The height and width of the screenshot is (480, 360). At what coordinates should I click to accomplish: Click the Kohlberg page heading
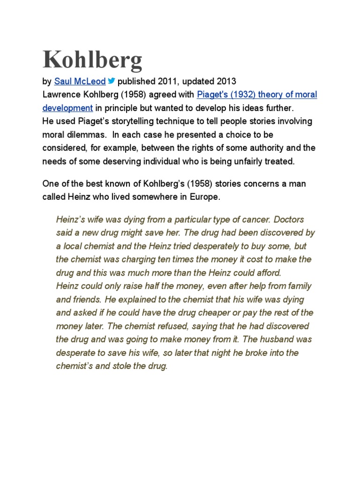coord(92,60)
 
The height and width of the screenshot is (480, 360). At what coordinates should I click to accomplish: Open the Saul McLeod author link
coord(80,82)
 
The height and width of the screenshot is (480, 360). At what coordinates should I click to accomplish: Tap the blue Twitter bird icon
coord(112,81)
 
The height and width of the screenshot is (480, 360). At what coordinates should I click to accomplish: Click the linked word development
coord(67,108)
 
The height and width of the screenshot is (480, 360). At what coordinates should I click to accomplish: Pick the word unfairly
coord(251,161)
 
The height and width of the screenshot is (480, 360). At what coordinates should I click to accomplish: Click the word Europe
coord(205,197)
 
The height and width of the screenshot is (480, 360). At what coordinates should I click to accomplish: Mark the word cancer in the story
coord(254,219)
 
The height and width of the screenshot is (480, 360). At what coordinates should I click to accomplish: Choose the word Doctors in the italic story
coord(289,219)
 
